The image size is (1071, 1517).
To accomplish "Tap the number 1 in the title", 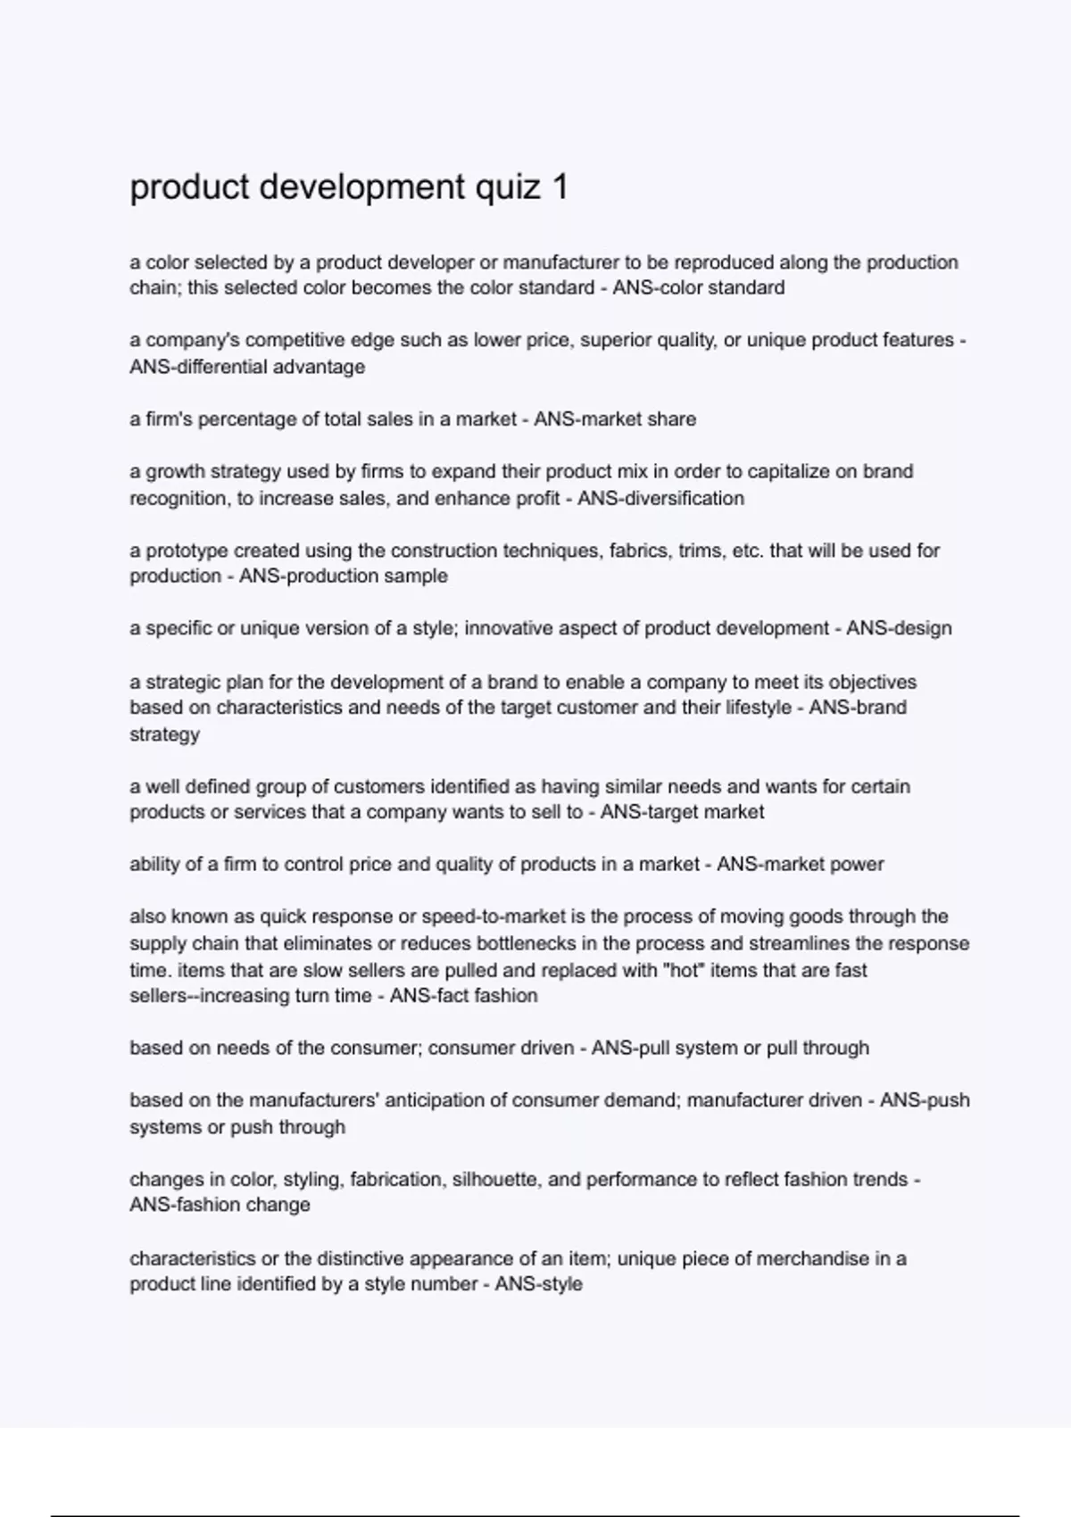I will click(x=560, y=187).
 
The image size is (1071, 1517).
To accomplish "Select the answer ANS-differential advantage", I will click(x=247, y=367).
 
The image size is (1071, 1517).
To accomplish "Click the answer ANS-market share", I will click(x=615, y=419).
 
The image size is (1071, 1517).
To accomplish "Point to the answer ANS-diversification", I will click(x=660, y=498).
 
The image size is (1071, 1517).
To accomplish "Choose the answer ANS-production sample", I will click(x=344, y=576).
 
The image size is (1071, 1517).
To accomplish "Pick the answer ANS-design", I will click(x=899, y=628).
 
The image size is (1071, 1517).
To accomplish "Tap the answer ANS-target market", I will click(x=682, y=812).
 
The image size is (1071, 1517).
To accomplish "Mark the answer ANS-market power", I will click(x=801, y=864).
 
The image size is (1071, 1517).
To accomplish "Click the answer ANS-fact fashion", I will click(x=464, y=995).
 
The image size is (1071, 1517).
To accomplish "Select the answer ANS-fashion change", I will click(x=220, y=1205).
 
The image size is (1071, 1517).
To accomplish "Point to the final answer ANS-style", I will click(x=538, y=1284).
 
